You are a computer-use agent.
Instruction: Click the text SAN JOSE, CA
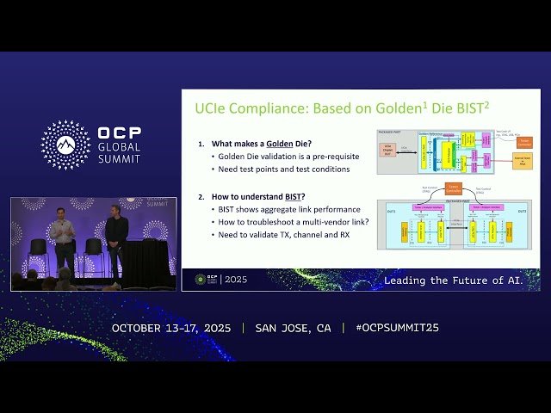pos(293,328)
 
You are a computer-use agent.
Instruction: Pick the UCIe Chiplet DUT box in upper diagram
pos(389,150)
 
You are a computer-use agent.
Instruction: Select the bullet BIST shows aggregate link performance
pos(282,209)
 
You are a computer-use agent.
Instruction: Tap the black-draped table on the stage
pos(146,262)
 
